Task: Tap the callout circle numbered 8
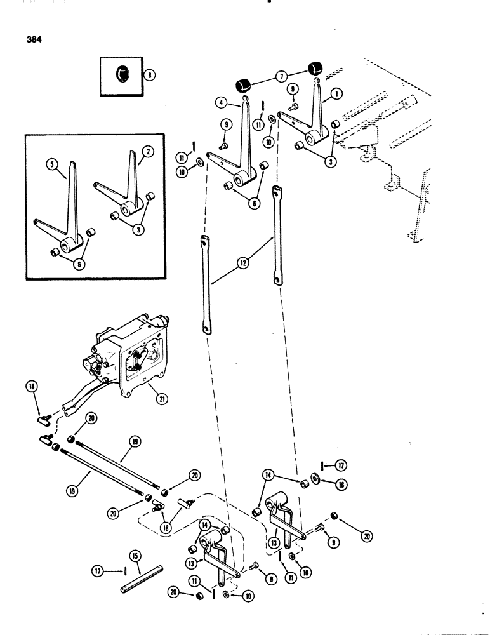click(149, 75)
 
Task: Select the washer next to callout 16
click(315, 480)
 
